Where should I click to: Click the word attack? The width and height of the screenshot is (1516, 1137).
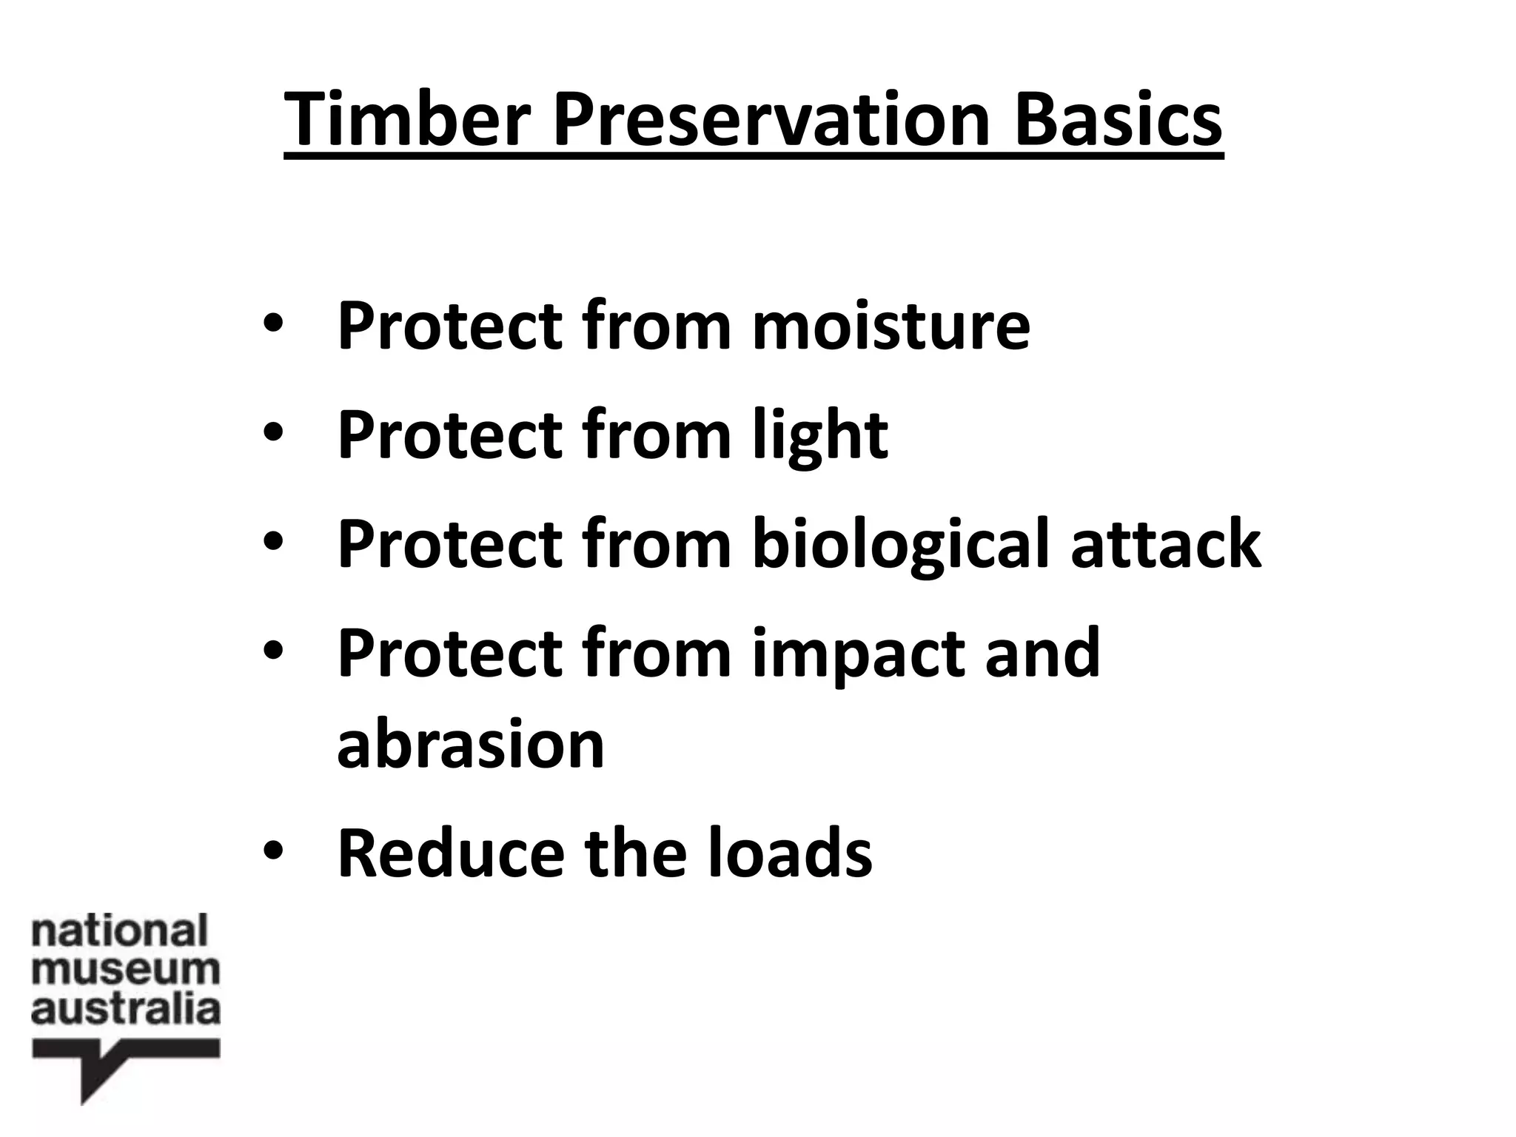coord(1165,545)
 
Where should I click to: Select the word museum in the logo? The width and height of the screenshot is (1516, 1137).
coord(126,970)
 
